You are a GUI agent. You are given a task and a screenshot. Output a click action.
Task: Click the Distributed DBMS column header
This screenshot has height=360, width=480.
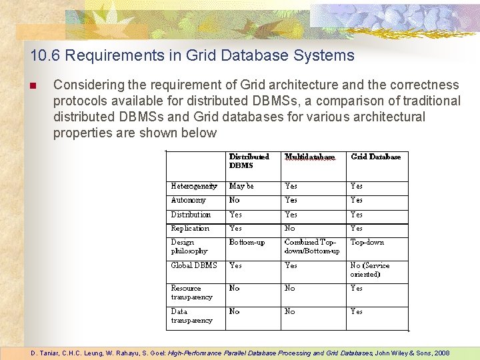coord(249,161)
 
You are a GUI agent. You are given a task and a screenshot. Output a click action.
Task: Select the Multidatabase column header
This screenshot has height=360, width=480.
coord(309,157)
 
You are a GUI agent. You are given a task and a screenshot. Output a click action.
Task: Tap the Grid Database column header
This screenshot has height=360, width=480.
coord(375,157)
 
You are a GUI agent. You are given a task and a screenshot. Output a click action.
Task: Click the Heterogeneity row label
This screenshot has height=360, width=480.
coord(193,186)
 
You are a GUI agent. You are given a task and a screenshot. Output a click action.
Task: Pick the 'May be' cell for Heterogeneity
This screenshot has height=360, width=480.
coord(241,186)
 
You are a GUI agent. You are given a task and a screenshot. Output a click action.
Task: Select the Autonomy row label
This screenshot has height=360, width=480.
coord(188,200)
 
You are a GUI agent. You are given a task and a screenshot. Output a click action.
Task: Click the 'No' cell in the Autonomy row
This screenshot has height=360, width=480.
coord(234,200)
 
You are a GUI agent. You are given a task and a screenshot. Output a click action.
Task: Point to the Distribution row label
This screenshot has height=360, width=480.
coord(191,215)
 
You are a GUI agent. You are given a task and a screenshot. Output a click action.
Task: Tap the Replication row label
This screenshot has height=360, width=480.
coord(190,228)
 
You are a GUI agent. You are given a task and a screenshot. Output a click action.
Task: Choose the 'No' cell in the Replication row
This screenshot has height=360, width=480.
coord(289,228)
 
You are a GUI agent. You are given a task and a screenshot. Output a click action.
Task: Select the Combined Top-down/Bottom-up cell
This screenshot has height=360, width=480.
coord(311,247)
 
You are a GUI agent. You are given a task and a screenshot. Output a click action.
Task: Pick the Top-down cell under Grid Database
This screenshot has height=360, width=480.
coord(367,243)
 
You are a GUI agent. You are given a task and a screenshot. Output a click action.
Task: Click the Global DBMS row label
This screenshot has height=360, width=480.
coord(193,265)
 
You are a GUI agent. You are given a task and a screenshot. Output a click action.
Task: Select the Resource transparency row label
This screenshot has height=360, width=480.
coord(191,293)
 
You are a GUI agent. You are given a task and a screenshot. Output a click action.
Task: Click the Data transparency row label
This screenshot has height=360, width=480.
coord(191,316)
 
